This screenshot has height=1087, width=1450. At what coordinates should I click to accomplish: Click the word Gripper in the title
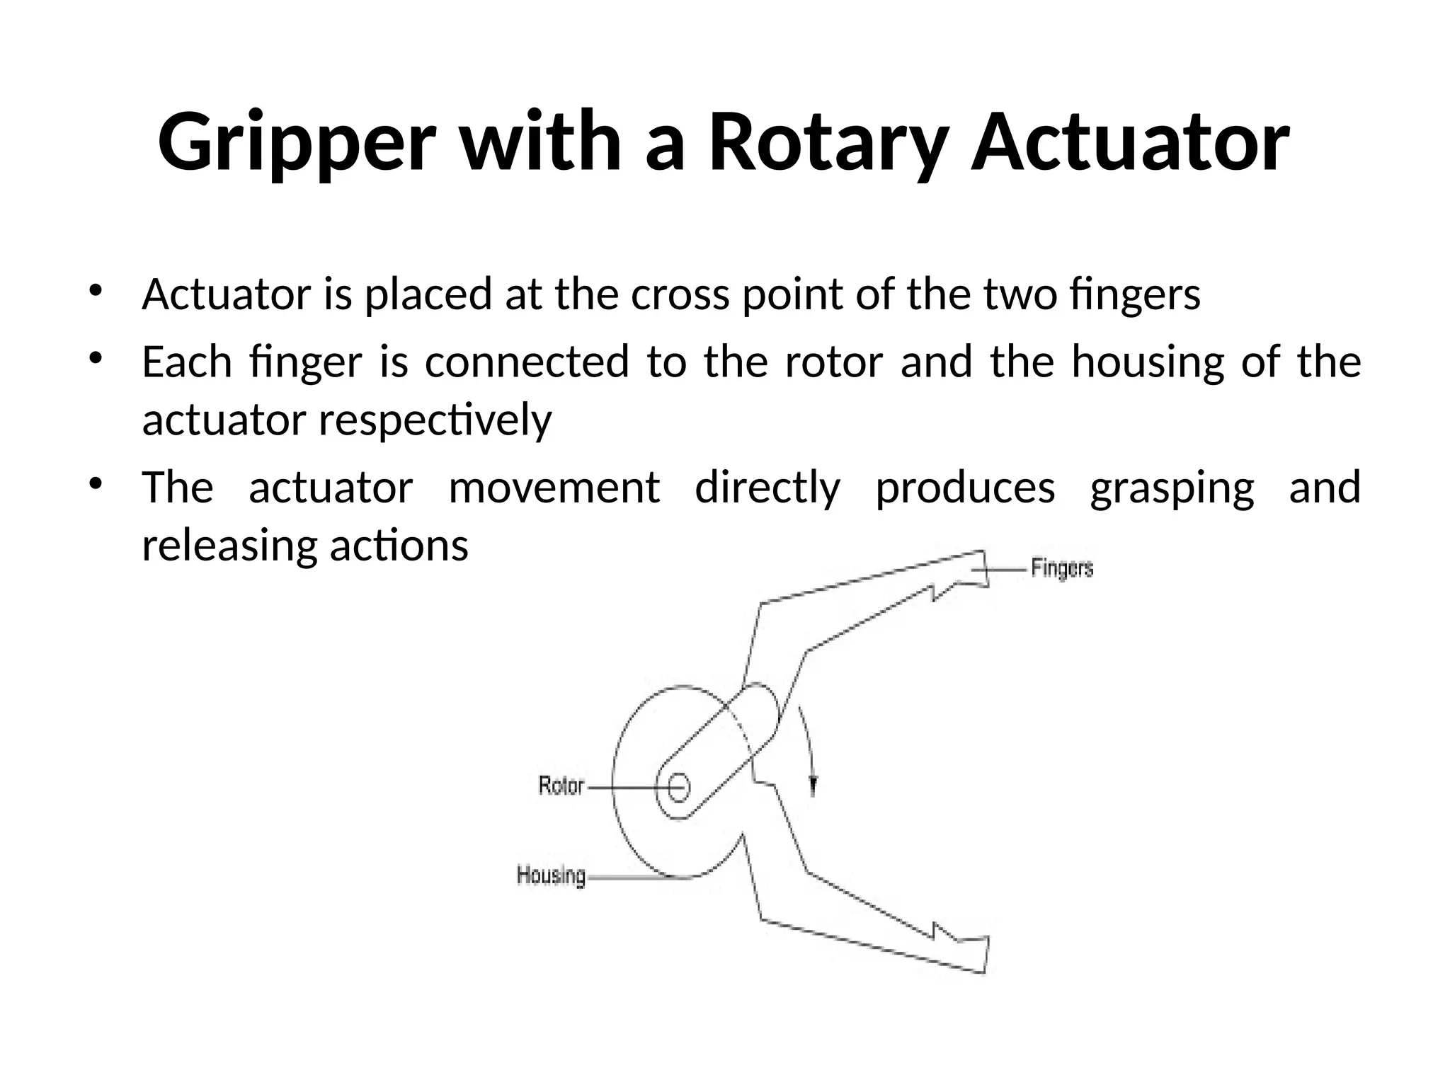click(x=294, y=143)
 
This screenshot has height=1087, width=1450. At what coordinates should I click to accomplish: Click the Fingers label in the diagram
click(x=1062, y=568)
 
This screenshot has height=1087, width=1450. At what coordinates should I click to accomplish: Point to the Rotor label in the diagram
click(x=561, y=786)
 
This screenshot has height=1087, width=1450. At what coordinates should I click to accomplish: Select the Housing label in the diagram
click(x=551, y=875)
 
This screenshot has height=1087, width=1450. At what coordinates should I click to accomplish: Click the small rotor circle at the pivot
click(x=678, y=787)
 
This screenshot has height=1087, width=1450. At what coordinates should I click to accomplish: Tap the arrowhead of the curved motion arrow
click(x=813, y=784)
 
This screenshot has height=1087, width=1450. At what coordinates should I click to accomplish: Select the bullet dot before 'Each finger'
click(x=95, y=358)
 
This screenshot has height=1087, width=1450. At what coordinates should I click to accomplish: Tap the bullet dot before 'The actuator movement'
click(x=95, y=484)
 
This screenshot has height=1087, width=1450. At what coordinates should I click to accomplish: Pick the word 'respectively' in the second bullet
click(x=435, y=420)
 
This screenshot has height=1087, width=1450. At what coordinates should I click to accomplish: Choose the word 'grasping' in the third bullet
click(x=1172, y=488)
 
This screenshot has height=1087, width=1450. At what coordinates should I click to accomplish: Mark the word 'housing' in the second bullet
click(x=1147, y=362)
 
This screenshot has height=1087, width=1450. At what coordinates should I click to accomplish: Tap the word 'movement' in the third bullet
click(x=554, y=488)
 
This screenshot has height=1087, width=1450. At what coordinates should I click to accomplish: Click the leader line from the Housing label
click(x=630, y=878)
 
